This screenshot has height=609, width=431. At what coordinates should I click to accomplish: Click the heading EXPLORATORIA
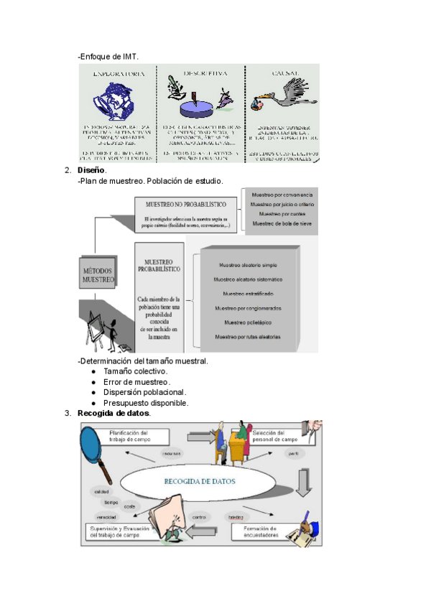(x=118, y=73)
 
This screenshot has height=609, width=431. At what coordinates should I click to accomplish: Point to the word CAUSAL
(x=282, y=73)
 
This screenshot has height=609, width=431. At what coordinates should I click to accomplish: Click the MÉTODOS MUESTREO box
(x=98, y=274)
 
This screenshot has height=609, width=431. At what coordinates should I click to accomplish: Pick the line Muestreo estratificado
(x=248, y=293)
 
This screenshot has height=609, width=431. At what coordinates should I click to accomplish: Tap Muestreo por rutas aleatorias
(x=248, y=337)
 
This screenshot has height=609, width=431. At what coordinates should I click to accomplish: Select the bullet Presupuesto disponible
(x=146, y=403)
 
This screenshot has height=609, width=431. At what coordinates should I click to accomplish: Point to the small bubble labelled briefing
(x=236, y=517)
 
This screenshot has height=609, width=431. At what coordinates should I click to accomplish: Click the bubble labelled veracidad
(x=107, y=517)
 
